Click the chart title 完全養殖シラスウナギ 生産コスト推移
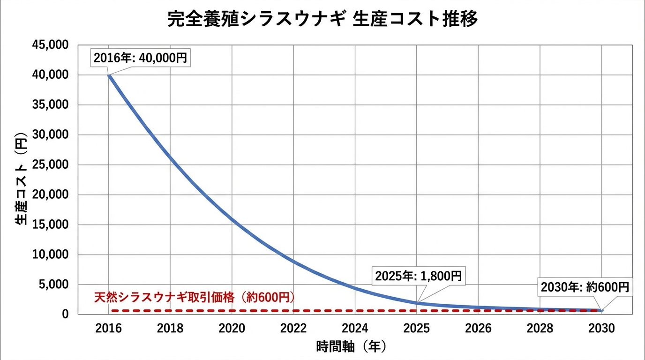pos(322,20)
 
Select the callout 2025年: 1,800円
pos(419,276)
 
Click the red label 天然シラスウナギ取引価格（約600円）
pos(194,297)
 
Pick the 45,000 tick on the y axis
pos(50,45)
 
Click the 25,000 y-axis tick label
pos(50,165)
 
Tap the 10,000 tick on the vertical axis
pos(50,255)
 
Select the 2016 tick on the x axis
pos(108,328)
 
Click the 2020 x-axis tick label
pos(232,328)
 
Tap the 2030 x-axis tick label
pos(602,328)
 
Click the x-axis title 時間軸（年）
pos(352,347)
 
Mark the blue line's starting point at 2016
pos(109,75)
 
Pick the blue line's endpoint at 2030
pos(601,310)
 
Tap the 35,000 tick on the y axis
pos(50,105)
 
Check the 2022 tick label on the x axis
pos(293,328)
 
